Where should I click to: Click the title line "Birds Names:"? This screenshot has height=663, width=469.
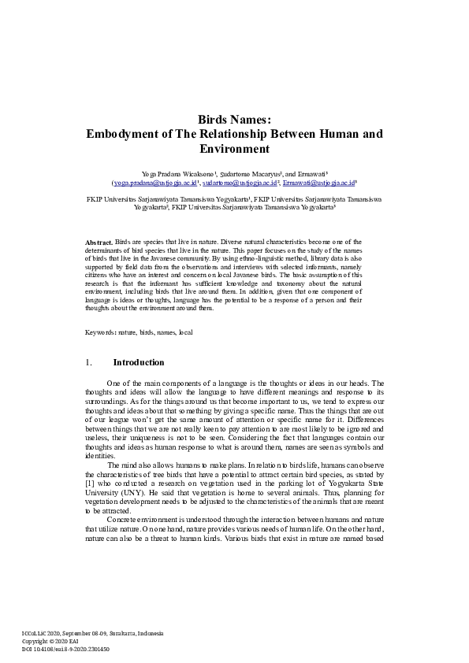(x=234, y=120)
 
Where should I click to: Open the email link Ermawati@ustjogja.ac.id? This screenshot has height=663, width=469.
(x=323, y=181)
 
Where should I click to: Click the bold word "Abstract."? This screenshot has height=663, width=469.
(x=99, y=242)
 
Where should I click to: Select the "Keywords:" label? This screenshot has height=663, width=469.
(x=101, y=332)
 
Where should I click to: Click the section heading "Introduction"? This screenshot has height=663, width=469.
(x=139, y=363)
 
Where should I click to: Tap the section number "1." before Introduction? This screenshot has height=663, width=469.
(x=89, y=363)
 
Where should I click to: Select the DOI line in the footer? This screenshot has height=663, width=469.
(x=65, y=650)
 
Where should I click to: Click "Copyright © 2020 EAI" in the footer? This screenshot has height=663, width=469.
(x=50, y=642)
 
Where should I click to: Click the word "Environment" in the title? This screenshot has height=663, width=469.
(x=234, y=149)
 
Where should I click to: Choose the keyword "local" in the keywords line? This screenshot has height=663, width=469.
(x=186, y=332)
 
